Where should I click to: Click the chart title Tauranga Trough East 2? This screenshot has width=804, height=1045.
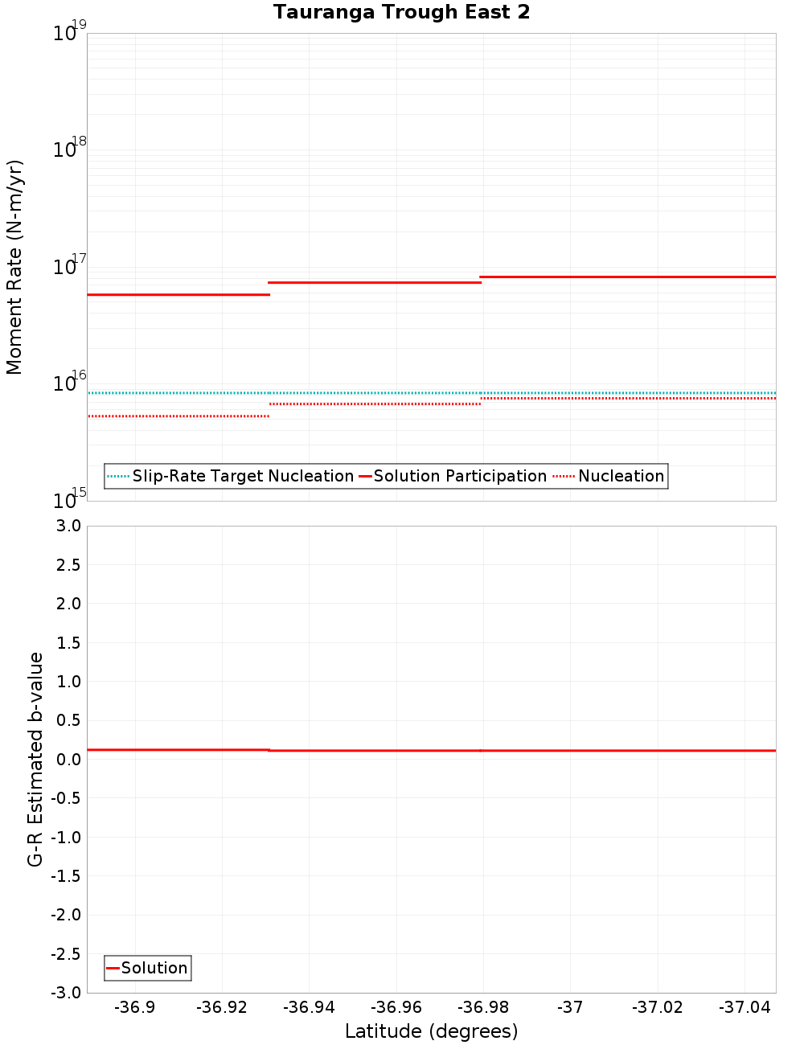coord(401,12)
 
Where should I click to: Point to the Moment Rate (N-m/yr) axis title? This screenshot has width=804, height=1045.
coord(14,267)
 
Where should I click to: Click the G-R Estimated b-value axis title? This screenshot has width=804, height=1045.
coord(35,759)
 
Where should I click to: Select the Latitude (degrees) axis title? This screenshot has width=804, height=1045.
coord(431,1031)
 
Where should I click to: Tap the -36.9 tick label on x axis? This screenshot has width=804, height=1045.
coord(134,1007)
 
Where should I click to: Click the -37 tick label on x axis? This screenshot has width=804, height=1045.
coord(570,1007)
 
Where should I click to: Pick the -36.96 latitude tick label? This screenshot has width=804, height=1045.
coord(396,1007)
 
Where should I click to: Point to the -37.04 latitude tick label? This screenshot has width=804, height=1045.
coord(745,1007)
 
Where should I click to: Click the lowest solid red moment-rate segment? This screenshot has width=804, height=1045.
coord(178,295)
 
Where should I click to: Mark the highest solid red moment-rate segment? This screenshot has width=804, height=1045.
coord(628,277)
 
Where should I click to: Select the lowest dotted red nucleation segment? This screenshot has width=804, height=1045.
coord(178,416)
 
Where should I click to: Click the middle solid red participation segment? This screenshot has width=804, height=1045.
coord(374,282)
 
